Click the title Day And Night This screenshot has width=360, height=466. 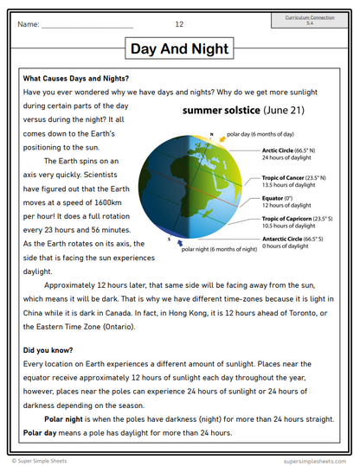tap(179, 49)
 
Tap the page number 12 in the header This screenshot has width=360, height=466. tap(179, 24)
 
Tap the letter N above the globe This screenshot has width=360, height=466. tap(210, 134)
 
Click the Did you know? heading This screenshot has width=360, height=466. tap(48, 350)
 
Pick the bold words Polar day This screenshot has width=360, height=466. tap(45, 432)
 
